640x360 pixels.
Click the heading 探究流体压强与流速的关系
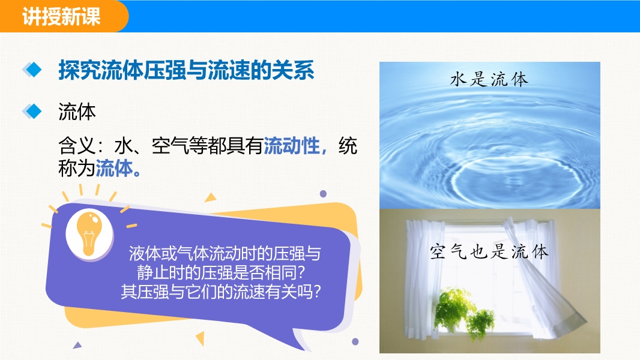pyautogui.click(x=186, y=70)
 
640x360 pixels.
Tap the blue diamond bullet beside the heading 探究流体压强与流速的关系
pyautogui.click(x=32, y=70)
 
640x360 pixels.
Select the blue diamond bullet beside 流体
pyautogui.click(x=32, y=112)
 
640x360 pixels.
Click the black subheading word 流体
pyautogui.click(x=77, y=112)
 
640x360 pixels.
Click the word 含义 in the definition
pyautogui.click(x=77, y=146)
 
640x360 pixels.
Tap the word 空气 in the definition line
pyautogui.click(x=170, y=146)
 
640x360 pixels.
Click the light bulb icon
pyautogui.click(x=89, y=235)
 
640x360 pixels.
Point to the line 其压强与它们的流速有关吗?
pyautogui.click(x=221, y=292)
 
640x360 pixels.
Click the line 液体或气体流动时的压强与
pyautogui.click(x=225, y=254)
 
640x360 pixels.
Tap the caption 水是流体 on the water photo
pyautogui.click(x=489, y=79)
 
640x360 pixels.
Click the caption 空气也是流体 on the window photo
pyautogui.click(x=489, y=251)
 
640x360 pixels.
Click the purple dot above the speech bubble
pyautogui.click(x=323, y=194)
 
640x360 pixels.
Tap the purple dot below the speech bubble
pyautogui.click(x=355, y=341)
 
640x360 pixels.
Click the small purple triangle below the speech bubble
pyautogui.click(x=77, y=346)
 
